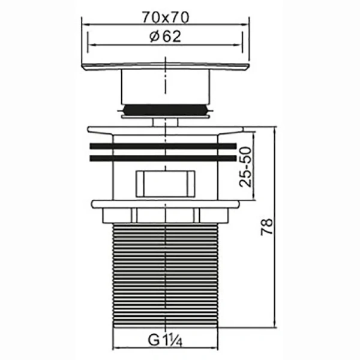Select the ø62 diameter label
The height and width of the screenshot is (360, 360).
[164, 37]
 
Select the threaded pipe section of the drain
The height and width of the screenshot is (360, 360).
[164, 276]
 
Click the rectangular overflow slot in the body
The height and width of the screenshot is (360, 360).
[164, 182]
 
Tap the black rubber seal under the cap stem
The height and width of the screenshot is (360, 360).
[164, 110]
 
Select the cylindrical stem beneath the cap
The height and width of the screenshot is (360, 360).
[164, 87]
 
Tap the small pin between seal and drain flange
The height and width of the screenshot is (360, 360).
[164, 121]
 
